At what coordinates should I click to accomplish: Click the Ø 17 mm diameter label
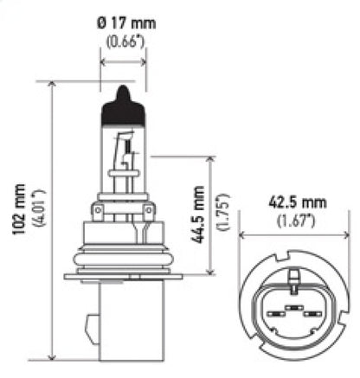click(x=123, y=24)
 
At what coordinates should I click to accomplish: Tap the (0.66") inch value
click(x=123, y=42)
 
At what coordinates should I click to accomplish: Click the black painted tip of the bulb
click(x=123, y=106)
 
